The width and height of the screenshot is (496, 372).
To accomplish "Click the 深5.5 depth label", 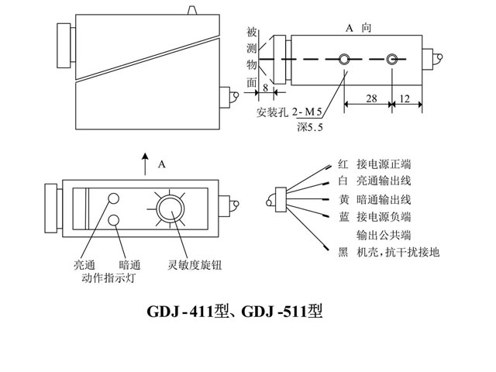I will pyautogui.click(x=312, y=126).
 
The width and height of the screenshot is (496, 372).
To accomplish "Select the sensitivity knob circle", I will pyautogui.click(x=168, y=210).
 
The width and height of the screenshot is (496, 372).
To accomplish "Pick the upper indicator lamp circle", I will pyautogui.click(x=114, y=199).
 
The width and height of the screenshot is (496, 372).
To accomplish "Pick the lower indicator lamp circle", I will pyautogui.click(x=114, y=222).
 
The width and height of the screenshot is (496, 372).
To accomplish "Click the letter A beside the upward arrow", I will pyautogui.click(x=161, y=164).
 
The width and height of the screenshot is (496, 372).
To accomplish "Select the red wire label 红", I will pyautogui.click(x=344, y=164).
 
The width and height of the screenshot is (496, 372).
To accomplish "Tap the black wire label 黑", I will pyautogui.click(x=344, y=251).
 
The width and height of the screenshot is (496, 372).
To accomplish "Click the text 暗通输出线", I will pyautogui.click(x=384, y=198).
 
